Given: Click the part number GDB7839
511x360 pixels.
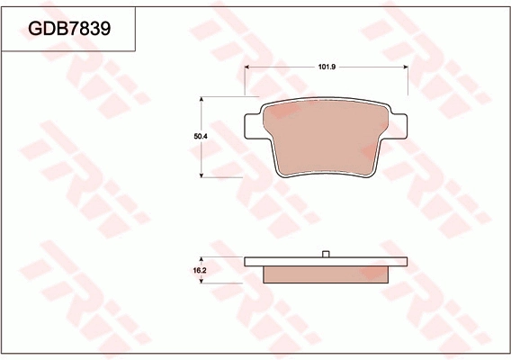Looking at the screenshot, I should click(x=69, y=29).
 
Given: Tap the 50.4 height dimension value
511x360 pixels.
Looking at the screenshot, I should click(x=201, y=136).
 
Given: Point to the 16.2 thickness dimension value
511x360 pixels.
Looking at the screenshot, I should click(x=201, y=270).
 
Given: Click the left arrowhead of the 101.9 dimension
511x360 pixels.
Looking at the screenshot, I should click(x=248, y=68).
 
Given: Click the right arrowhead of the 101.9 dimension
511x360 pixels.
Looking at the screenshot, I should click(x=406, y=68).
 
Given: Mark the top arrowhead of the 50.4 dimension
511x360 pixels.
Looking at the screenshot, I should click(x=202, y=98).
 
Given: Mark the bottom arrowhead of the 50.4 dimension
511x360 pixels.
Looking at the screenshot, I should click(x=202, y=175).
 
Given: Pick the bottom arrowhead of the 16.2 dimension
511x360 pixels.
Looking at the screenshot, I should click(x=202, y=281).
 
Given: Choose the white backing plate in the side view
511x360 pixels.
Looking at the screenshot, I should click(x=327, y=262).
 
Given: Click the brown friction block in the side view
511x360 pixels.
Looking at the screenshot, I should click(x=327, y=274).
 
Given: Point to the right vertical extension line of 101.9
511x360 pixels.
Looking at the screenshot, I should click(x=408, y=81).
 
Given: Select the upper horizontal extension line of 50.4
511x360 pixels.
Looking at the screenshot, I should click(x=225, y=95).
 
